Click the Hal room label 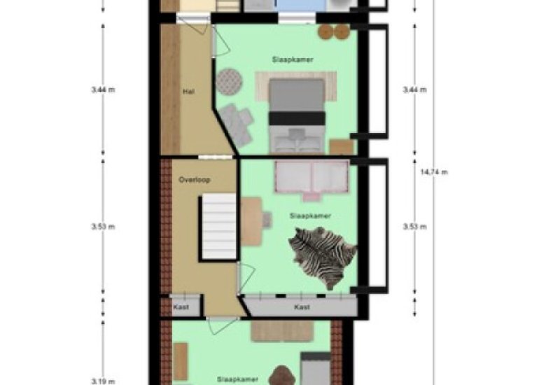tap(189, 92)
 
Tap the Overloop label tap(194, 180)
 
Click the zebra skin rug tap(323, 257)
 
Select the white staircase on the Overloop tap(218, 227)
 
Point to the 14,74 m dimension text tap(434, 172)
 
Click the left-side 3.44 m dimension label tap(103, 90)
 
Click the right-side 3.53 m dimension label tap(415, 227)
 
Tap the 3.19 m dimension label tap(103, 381)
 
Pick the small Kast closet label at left tap(181, 307)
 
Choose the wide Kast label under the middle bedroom tap(302, 307)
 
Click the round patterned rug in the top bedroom tap(229, 82)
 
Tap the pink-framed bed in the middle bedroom tap(311, 179)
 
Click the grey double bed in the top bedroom tap(297, 115)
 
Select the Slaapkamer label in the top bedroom tap(293, 59)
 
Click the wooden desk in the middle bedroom tap(251, 221)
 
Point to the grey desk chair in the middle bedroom tap(267, 220)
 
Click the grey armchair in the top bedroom tap(237, 125)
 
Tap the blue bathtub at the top tap(301, 6)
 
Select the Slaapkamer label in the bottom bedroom tap(237, 379)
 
